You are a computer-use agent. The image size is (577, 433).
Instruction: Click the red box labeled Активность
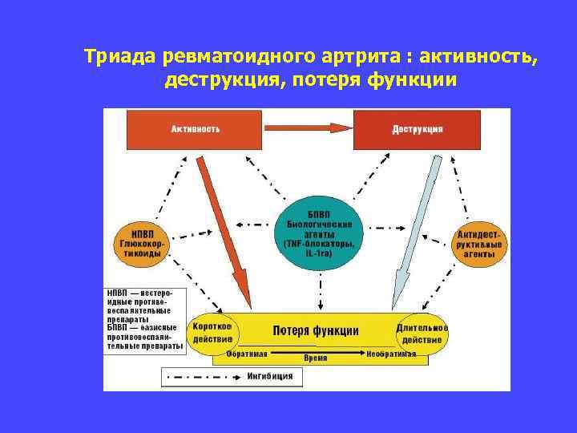click(195, 129)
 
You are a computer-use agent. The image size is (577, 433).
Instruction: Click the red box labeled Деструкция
click(418, 129)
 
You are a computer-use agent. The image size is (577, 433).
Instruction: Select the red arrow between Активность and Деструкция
click(308, 127)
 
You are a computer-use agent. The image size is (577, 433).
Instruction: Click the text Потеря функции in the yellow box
click(316, 330)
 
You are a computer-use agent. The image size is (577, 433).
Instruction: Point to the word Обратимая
click(246, 354)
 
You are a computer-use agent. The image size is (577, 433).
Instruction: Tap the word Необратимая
click(391, 354)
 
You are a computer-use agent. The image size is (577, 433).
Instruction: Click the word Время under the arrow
click(316, 358)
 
